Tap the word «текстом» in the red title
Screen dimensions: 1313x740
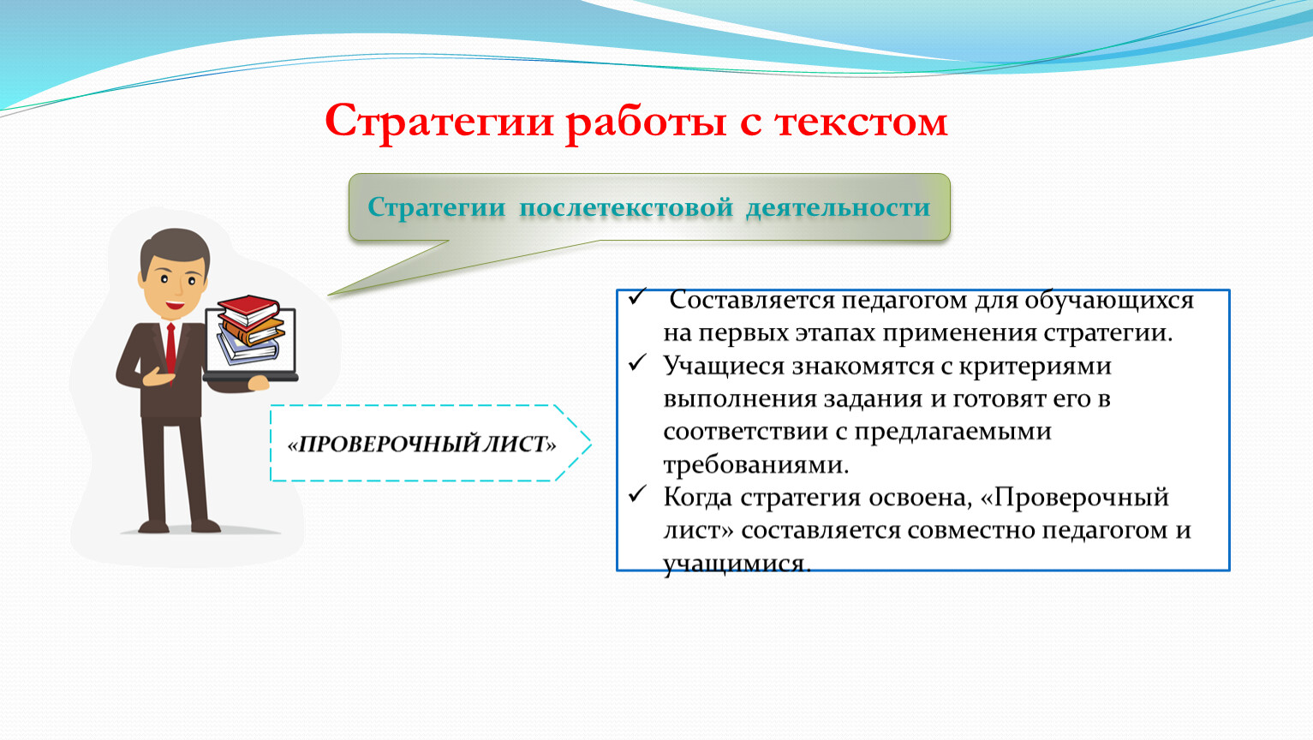861,122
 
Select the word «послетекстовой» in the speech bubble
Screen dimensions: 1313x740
626,208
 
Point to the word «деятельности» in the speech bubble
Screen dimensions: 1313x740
839,208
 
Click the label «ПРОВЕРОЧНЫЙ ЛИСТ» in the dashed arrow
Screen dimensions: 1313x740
421,444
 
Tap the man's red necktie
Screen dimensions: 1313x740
170,349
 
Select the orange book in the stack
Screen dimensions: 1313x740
254,331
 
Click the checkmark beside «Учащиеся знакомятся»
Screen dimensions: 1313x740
637,362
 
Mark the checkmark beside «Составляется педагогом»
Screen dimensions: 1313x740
637,296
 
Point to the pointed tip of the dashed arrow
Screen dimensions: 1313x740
591,444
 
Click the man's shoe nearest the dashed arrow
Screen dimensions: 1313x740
206,525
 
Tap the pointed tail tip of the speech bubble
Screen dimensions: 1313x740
328,295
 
